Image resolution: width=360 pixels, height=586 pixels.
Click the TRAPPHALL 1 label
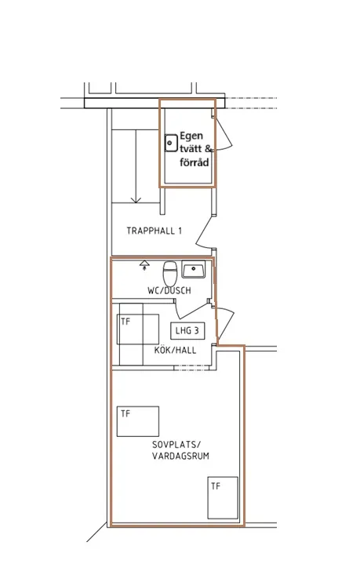[154, 231]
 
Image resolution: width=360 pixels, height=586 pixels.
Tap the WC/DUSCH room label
[169, 290]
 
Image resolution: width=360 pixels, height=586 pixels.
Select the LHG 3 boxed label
[187, 330]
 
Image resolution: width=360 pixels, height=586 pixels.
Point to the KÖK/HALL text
[176, 350]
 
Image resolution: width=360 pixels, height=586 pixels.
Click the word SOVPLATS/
[176, 444]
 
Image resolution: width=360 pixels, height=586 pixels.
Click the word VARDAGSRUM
[180, 456]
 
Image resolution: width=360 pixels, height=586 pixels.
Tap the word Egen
[191, 136]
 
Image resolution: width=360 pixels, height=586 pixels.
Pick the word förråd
[194, 162]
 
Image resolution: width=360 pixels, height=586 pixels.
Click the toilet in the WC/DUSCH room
[170, 273]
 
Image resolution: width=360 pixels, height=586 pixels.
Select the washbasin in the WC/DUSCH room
[193, 269]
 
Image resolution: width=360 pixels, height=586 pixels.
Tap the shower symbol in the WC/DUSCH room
[144, 265]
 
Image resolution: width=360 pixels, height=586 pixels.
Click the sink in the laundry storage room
[171, 143]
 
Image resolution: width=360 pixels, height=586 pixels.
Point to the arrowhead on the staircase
[136, 199]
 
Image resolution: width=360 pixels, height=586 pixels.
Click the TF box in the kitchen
[138, 329]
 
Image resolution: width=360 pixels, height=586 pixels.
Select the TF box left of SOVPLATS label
[138, 421]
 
